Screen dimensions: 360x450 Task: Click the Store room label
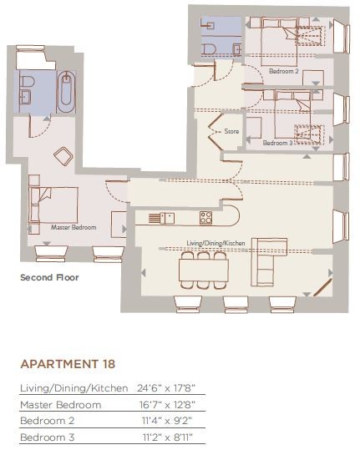(231, 131)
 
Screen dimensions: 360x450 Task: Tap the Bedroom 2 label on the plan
(284, 71)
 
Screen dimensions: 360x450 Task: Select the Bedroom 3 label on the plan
(277, 143)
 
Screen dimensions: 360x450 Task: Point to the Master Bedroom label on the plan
(74, 227)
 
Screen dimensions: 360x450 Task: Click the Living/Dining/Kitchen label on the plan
(215, 243)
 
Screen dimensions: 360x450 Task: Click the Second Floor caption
(49, 277)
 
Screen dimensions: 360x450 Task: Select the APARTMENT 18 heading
(68, 364)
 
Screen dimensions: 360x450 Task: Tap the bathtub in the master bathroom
(66, 92)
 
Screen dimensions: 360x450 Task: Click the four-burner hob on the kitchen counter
(205, 218)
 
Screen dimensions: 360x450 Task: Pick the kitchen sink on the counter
(167, 218)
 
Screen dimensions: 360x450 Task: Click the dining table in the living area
(204, 271)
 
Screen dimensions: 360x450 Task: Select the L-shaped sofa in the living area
(269, 262)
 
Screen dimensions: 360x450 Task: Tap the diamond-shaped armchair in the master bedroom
(63, 156)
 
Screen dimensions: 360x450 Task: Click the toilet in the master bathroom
(28, 82)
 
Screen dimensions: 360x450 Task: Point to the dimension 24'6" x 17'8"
(166, 388)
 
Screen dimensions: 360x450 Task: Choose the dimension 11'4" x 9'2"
(167, 421)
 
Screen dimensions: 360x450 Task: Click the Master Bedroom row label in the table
(61, 405)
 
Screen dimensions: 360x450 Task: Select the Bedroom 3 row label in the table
(48, 437)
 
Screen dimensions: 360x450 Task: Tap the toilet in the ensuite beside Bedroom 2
(209, 49)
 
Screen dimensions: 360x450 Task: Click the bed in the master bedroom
(53, 205)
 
